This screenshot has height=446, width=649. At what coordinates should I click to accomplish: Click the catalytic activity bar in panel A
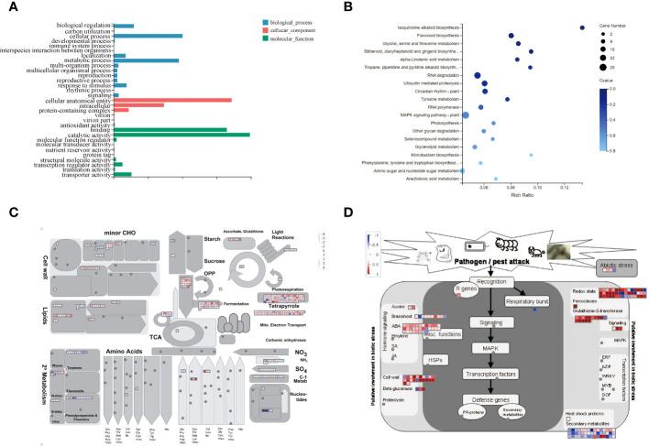[x=183, y=135]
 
